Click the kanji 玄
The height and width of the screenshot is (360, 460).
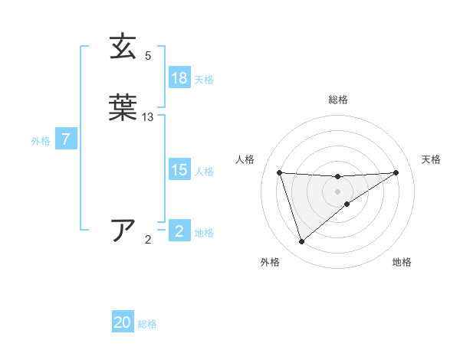pyautogui.click(x=123, y=47)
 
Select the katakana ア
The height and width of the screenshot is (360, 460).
pyautogui.click(x=123, y=231)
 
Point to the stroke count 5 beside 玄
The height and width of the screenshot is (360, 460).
pyautogui.click(x=148, y=56)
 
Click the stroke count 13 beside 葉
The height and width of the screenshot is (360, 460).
pyautogui.click(x=148, y=117)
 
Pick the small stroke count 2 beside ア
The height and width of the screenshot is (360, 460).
pyautogui.click(x=148, y=240)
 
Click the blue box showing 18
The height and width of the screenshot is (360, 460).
pyautogui.click(x=179, y=78)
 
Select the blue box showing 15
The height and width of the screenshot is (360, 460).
pyautogui.click(x=179, y=170)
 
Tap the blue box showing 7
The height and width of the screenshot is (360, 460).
pyautogui.click(x=67, y=139)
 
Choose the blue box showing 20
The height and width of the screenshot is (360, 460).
pyautogui.click(x=123, y=323)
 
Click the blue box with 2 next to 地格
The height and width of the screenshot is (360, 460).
pyautogui.click(x=179, y=231)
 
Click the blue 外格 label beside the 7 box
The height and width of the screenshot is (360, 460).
pyautogui.click(x=41, y=140)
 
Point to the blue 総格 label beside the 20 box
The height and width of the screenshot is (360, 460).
pyautogui.click(x=147, y=324)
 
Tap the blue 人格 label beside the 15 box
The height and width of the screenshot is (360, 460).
pyautogui.click(x=204, y=172)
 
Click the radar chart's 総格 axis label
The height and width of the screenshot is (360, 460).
pyautogui.click(x=338, y=100)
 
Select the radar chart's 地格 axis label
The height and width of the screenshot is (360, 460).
pyautogui.click(x=402, y=262)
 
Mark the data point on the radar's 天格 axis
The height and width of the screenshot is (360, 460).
pyautogui.click(x=396, y=172)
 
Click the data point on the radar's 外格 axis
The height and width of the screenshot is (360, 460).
pyautogui.click(x=301, y=242)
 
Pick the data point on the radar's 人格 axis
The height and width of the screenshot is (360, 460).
pyautogui.click(x=280, y=172)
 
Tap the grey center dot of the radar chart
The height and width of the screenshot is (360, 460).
pyautogui.click(x=338, y=191)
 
